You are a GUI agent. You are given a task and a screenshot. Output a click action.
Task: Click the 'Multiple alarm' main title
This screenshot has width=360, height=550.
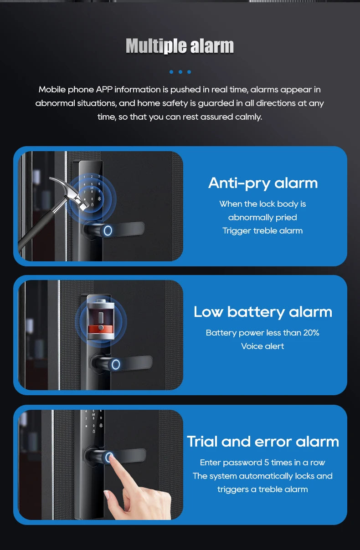pyautogui.click(x=180, y=46)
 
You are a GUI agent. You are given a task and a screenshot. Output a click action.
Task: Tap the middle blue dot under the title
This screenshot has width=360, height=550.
pyautogui.click(x=180, y=72)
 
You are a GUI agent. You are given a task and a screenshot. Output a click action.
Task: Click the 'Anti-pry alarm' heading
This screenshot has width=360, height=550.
pyautogui.click(x=263, y=183)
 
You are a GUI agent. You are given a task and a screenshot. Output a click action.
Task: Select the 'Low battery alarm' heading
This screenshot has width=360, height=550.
pyautogui.click(x=263, y=311)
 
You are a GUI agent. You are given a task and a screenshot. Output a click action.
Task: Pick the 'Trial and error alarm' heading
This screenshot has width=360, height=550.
pyautogui.click(x=263, y=441)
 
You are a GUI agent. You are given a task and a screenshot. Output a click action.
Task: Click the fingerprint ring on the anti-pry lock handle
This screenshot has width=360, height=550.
pyautogui.click(x=108, y=230)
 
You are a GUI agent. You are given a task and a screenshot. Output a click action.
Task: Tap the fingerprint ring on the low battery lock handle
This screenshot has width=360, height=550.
pyautogui.click(x=116, y=364)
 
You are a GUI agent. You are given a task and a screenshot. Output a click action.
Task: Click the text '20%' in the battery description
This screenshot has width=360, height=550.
pyautogui.click(x=311, y=333)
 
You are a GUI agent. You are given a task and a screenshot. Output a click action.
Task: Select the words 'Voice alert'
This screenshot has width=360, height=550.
pyautogui.click(x=262, y=346)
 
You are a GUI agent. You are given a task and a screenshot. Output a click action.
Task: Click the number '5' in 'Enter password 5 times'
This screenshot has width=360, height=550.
pyautogui.click(x=267, y=463)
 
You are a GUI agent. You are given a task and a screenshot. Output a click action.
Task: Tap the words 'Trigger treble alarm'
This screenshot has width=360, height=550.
pyautogui.click(x=262, y=231)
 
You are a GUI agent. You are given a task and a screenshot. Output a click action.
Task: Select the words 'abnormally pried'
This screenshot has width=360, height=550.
pyautogui.click(x=262, y=217)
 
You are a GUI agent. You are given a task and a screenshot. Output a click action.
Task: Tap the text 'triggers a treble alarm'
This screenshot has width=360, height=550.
pyautogui.click(x=262, y=489)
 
